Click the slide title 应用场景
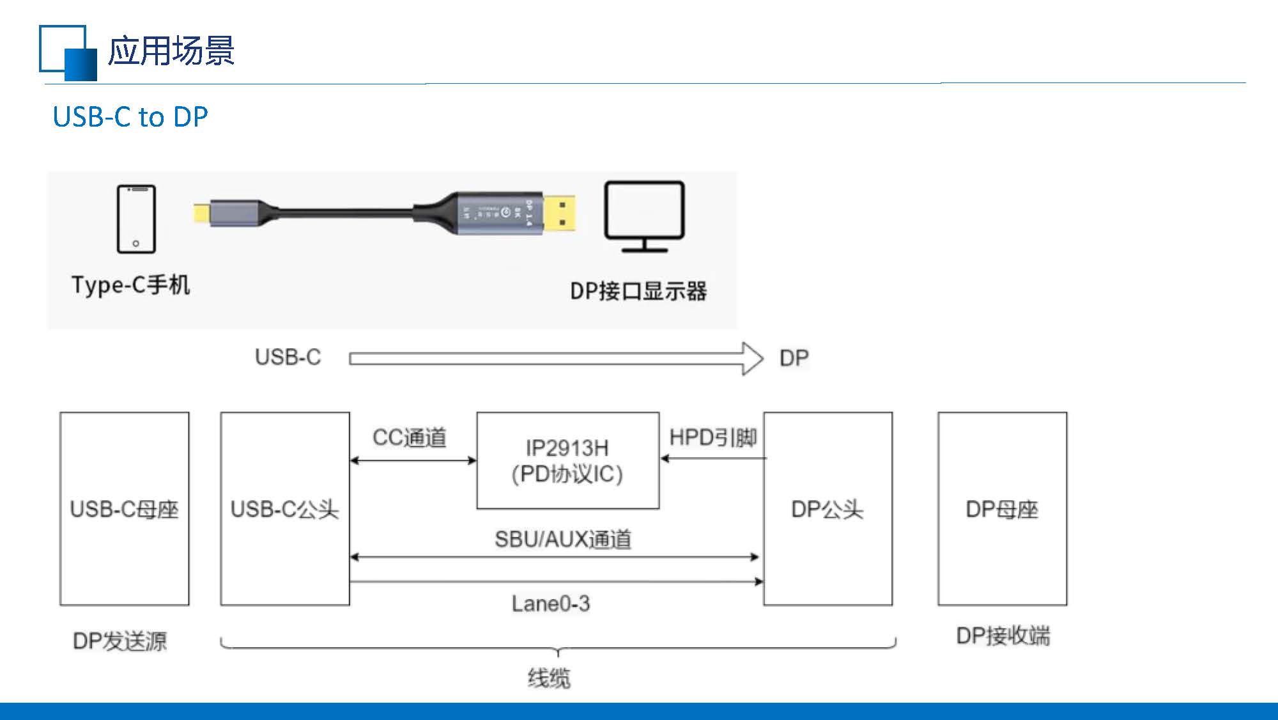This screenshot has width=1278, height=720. tap(171, 51)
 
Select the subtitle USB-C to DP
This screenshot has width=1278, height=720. tap(130, 117)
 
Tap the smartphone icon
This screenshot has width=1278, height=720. tap(136, 219)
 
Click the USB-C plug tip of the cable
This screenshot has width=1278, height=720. tap(203, 212)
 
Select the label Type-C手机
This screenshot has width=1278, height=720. tap(130, 285)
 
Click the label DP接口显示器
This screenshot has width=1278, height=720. tap(638, 292)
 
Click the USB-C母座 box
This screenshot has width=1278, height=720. tap(125, 509)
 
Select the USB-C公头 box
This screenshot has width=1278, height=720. tap(285, 509)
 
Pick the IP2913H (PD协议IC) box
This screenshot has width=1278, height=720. tap(567, 461)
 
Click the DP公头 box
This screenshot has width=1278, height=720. tap(828, 509)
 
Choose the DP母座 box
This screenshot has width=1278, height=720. tap(1002, 509)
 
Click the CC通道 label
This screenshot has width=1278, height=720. tap(410, 438)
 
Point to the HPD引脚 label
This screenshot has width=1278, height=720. tap(713, 438)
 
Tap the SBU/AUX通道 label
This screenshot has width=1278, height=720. tap(563, 540)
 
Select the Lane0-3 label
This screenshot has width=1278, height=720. tap(551, 604)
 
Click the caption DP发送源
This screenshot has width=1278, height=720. tap(120, 641)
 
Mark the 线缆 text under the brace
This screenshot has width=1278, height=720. tap(549, 678)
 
